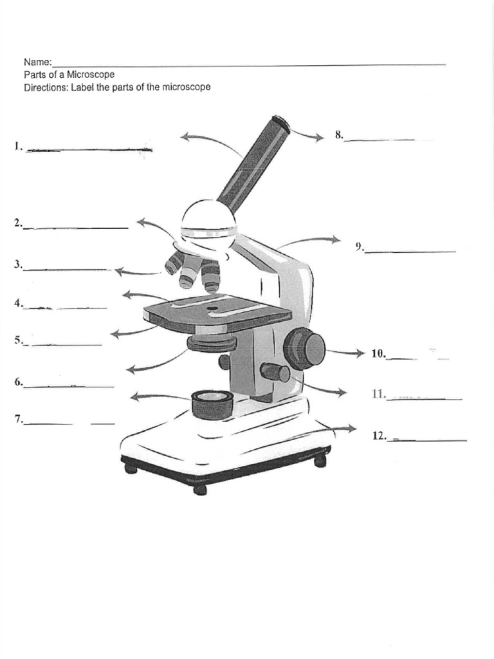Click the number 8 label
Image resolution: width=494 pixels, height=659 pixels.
tap(338, 135)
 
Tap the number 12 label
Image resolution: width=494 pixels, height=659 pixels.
tap(379, 436)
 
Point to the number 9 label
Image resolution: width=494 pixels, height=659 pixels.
tap(360, 246)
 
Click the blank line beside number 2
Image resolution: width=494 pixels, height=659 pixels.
tap(76, 227)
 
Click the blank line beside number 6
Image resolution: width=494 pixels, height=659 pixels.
tap(69, 385)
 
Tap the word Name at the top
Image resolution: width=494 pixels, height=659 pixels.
tap(37, 62)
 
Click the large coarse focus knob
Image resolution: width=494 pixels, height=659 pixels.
tap(305, 348)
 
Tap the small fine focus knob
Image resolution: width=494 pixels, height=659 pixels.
tap(275, 372)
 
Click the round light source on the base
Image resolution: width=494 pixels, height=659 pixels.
tap(212, 403)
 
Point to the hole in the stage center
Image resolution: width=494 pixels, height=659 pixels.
tap(212, 308)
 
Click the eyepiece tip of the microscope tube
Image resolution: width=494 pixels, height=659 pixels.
tap(280, 122)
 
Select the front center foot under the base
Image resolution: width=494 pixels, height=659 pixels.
tap(200, 489)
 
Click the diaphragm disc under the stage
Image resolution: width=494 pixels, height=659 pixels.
tap(212, 343)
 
